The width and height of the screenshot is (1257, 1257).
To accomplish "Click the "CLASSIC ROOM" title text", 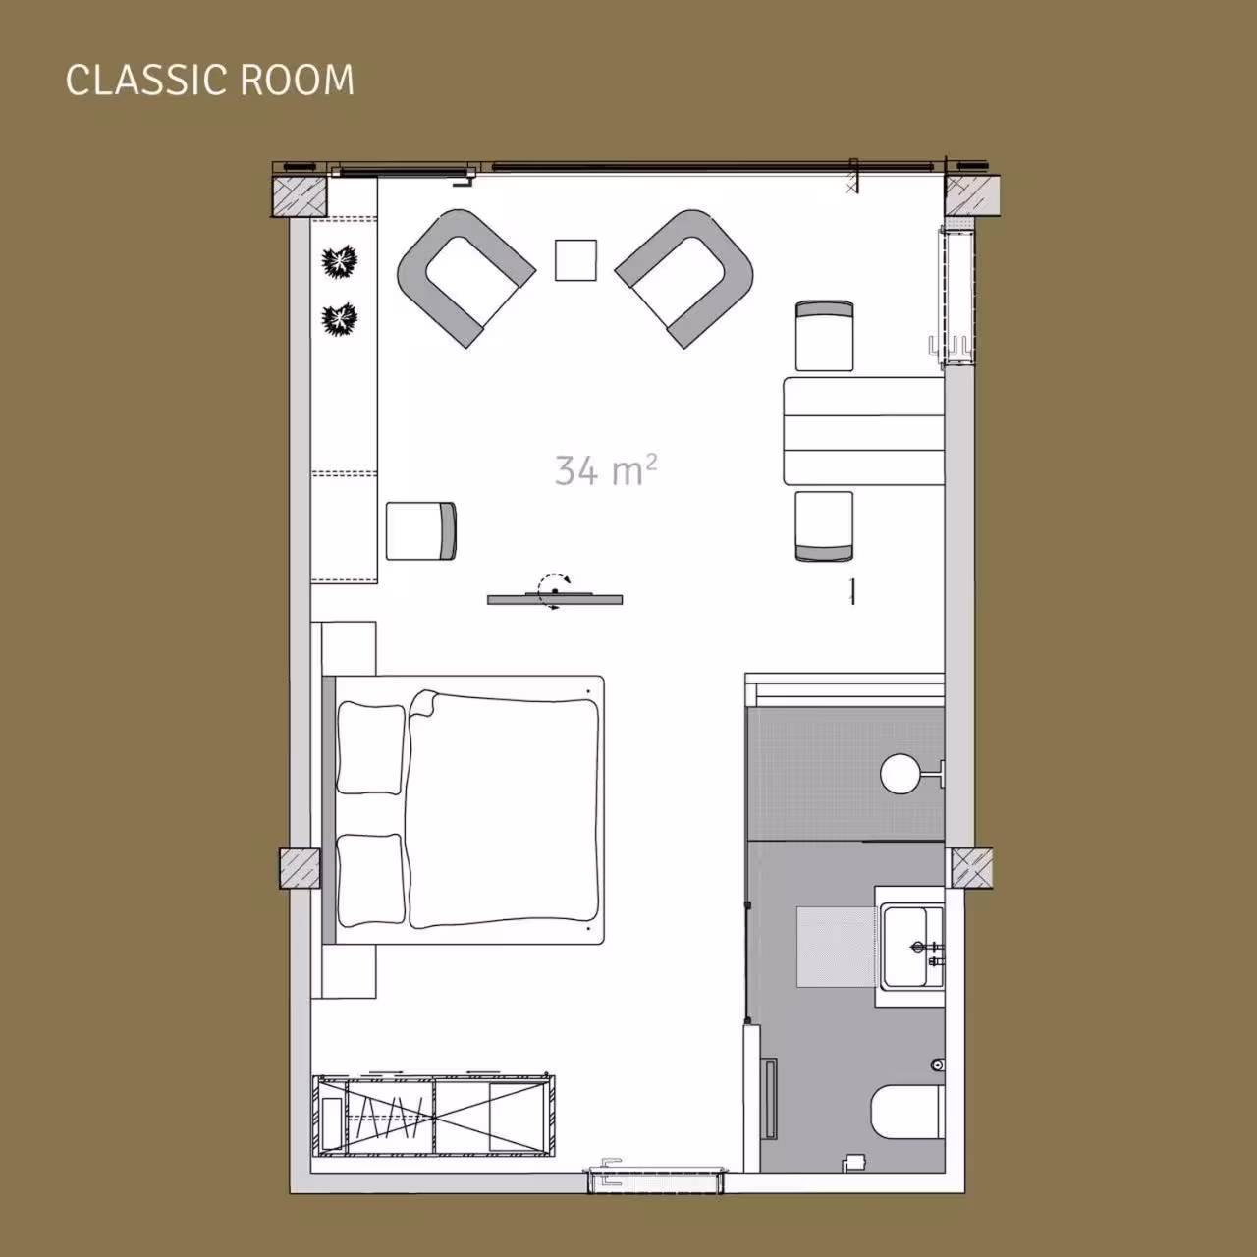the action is click(x=209, y=80).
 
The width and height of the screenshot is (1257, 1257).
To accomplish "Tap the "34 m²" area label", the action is click(x=605, y=469).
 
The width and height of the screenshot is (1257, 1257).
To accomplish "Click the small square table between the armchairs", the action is click(x=575, y=260).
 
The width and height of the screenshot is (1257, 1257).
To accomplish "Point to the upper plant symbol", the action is click(x=340, y=262).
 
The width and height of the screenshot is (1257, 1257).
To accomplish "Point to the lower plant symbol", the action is click(x=340, y=319).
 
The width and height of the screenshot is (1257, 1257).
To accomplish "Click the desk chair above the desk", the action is click(x=825, y=336).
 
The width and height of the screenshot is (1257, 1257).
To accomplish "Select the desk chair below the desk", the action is click(x=825, y=526).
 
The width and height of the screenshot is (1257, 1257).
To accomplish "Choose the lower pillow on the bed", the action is click(x=371, y=879).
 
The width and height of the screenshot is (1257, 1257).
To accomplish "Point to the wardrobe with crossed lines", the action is click(x=434, y=1117).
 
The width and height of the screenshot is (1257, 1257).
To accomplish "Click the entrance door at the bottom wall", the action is click(x=656, y=1179).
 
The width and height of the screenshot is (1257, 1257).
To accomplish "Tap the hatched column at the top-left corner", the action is click(x=300, y=195).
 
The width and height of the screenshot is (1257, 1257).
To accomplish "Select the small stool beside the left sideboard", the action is click(x=420, y=531).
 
